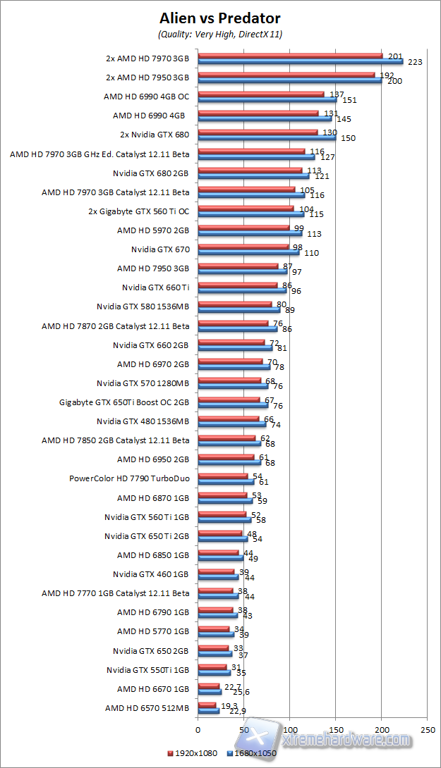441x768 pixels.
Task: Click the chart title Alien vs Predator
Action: tap(220, 18)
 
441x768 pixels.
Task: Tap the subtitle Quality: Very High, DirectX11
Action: tap(220, 34)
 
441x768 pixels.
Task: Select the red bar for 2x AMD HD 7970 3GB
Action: tap(290, 55)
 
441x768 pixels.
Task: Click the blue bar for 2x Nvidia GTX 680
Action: tap(267, 137)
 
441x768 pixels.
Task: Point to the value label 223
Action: tap(415, 62)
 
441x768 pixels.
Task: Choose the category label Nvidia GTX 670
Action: tap(160, 249)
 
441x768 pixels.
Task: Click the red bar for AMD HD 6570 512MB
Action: tap(207, 705)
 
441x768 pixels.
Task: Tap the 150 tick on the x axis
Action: tap(336, 729)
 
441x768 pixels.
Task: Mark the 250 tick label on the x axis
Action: tap(428, 729)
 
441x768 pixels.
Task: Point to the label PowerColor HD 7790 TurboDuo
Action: tap(129, 478)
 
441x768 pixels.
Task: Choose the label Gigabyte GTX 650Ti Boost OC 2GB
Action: tap(124, 402)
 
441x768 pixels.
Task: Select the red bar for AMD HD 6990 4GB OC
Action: tap(261, 93)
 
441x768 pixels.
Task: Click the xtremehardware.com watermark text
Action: tap(346, 740)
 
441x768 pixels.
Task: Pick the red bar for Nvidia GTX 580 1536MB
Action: tap(235, 304)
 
